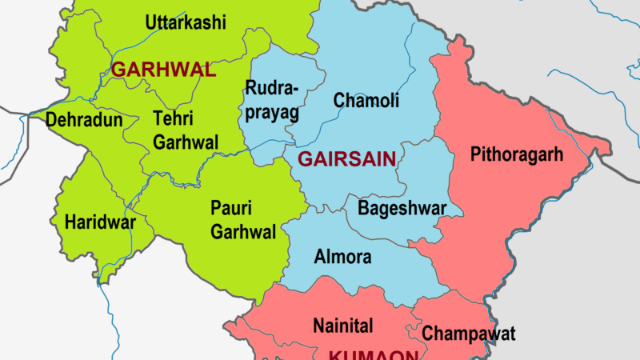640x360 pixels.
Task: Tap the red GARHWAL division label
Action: (164, 70)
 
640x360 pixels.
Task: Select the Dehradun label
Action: (85, 122)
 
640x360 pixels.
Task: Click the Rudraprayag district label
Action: (273, 100)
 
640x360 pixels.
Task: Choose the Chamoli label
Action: (366, 101)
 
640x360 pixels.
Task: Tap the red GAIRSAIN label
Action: (346, 159)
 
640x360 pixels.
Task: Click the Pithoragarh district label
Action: (517, 153)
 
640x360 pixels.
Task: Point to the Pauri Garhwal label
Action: (243, 220)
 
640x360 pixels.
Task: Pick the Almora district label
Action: (342, 258)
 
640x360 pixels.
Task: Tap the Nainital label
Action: (342, 326)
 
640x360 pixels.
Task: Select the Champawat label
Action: (469, 334)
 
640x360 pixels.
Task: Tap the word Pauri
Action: (230, 208)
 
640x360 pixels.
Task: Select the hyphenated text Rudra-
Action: (273, 88)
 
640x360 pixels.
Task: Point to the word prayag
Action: (273, 113)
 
